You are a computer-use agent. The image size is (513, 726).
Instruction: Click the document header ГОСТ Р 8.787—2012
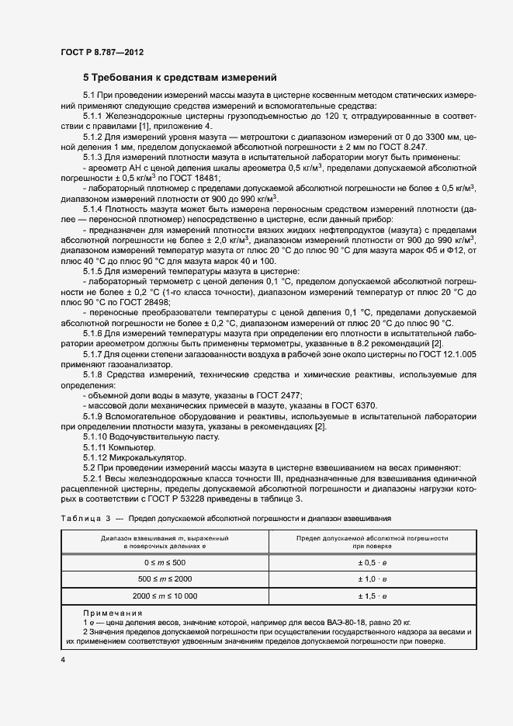tap(102, 53)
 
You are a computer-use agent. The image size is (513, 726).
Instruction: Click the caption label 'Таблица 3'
tap(86, 517)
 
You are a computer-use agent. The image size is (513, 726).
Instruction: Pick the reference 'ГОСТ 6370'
tap(356, 405)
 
